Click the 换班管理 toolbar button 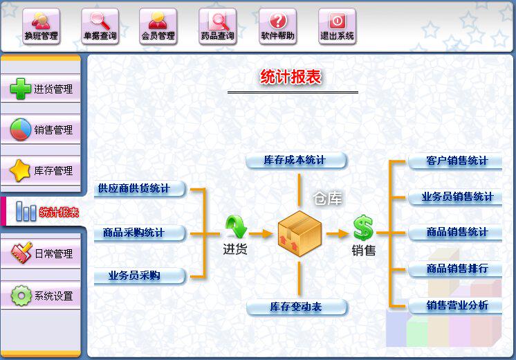click(x=41, y=27)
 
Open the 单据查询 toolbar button click(x=100, y=27)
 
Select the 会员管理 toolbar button click(x=158, y=27)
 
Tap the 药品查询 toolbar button click(x=217, y=27)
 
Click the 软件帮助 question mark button click(x=277, y=27)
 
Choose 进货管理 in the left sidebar click(x=42, y=89)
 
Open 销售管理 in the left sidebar click(x=42, y=129)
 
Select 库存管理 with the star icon click(x=42, y=170)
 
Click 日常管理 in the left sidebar click(x=42, y=254)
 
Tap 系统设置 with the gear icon click(x=42, y=296)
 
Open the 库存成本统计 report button click(x=295, y=161)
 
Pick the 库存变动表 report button click(x=296, y=307)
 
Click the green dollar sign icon click(x=362, y=228)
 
